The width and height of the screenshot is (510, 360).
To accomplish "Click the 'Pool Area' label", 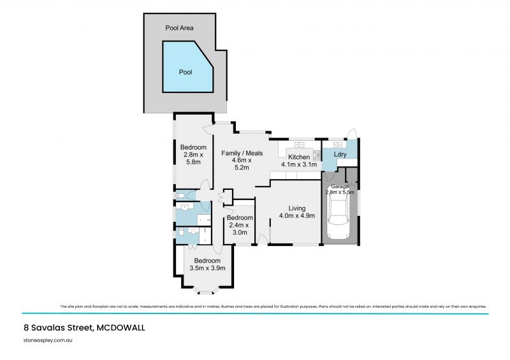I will coord(179,28).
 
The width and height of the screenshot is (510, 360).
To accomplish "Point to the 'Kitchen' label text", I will coord(298,157).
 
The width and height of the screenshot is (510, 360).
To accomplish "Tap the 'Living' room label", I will coord(296,208).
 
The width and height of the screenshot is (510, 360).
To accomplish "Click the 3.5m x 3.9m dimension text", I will coord(207,268).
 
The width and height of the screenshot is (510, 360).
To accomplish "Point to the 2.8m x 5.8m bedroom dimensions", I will coord(193,158).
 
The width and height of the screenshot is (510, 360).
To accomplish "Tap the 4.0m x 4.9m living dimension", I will coord(297,216).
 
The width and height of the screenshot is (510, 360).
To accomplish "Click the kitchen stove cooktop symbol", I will coord(316,154).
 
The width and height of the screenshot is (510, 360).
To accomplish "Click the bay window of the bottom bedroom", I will coord(207,292).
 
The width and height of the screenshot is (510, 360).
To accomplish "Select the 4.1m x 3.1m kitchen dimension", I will coord(298,164).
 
